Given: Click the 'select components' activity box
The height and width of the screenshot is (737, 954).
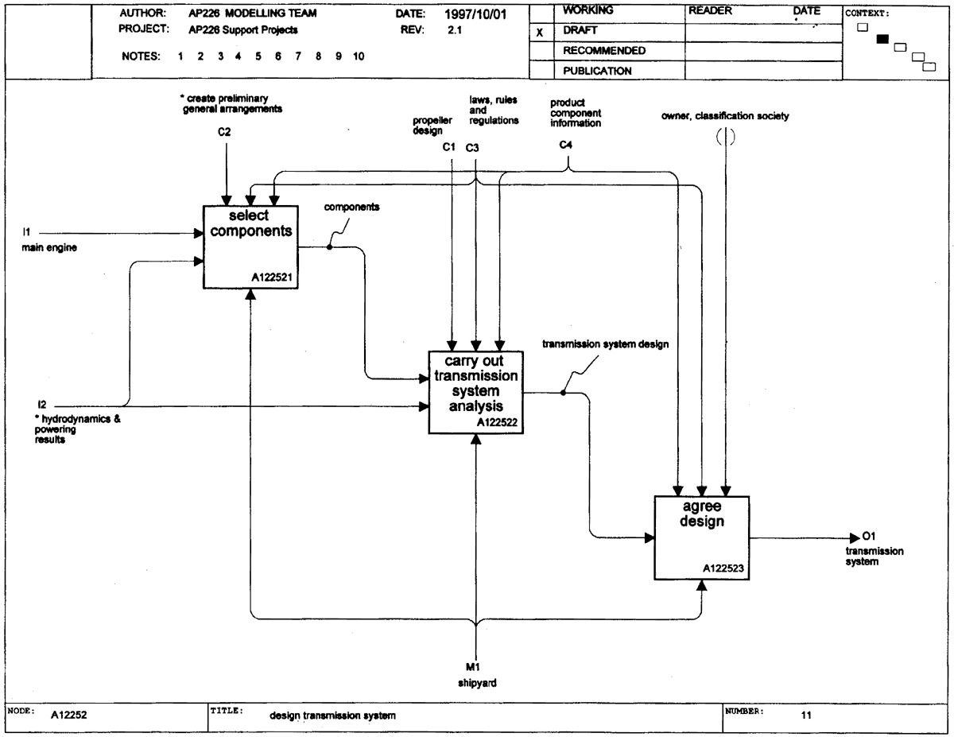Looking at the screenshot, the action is pos(250,246).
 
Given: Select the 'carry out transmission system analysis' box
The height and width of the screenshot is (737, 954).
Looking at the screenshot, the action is pos(476,392).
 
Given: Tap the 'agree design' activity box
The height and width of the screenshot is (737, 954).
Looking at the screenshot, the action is pos(701,537).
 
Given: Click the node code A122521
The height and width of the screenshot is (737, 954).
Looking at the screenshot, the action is pos(272,277).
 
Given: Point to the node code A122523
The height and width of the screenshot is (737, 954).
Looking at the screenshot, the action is pos(723,568).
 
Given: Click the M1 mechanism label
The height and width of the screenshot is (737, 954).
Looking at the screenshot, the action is pos(473,667).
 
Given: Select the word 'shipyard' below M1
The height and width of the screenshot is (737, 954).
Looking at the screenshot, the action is pos(477,683).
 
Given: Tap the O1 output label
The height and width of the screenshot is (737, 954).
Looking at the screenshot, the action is pos(869,536).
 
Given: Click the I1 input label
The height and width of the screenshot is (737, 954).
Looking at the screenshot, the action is pos(27,232).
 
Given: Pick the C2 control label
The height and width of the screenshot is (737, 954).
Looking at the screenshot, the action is pos(224,132).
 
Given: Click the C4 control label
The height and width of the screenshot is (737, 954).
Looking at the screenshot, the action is pos(565,145).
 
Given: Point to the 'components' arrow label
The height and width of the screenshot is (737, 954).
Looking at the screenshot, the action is pos(351,207).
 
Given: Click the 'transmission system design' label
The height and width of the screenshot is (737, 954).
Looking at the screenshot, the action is pos(606,344).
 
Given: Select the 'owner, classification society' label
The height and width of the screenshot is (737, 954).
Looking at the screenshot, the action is pos(725,116).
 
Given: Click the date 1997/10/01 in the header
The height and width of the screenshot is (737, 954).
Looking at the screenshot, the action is pos(475,14).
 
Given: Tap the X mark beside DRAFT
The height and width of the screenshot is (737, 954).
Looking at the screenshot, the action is pos(540,33).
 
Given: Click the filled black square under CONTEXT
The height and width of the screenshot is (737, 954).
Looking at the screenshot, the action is pos(882,39).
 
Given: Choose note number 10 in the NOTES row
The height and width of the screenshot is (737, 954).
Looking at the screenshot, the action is pos(359,56).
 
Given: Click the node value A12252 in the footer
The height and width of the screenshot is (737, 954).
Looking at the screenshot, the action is pos(69,715).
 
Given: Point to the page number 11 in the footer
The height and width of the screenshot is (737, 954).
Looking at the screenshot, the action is pos(806,715).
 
